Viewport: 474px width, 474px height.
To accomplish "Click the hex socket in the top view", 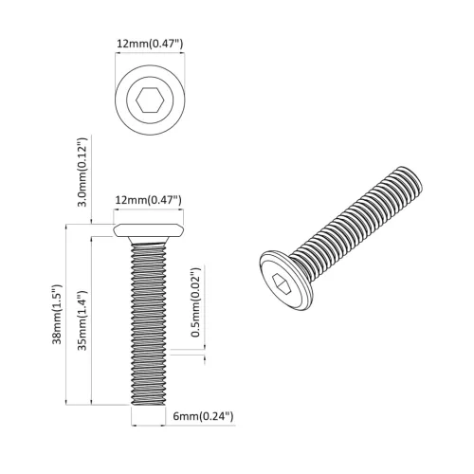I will coord(148,100).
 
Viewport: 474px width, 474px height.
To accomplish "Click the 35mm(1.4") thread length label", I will coord(83,317).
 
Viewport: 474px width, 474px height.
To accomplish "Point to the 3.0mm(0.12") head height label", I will coord(83,171).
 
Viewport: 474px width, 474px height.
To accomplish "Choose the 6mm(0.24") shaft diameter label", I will coord(203,416).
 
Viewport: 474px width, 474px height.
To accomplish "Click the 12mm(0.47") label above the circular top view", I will coord(148,43).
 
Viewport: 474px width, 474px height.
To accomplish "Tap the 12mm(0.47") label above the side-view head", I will coord(148,200).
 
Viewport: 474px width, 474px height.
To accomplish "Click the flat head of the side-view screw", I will coord(148,230).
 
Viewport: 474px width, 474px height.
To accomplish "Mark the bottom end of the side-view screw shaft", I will coord(148,402).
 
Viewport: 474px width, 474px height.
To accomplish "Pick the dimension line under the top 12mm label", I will coord(148,55).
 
